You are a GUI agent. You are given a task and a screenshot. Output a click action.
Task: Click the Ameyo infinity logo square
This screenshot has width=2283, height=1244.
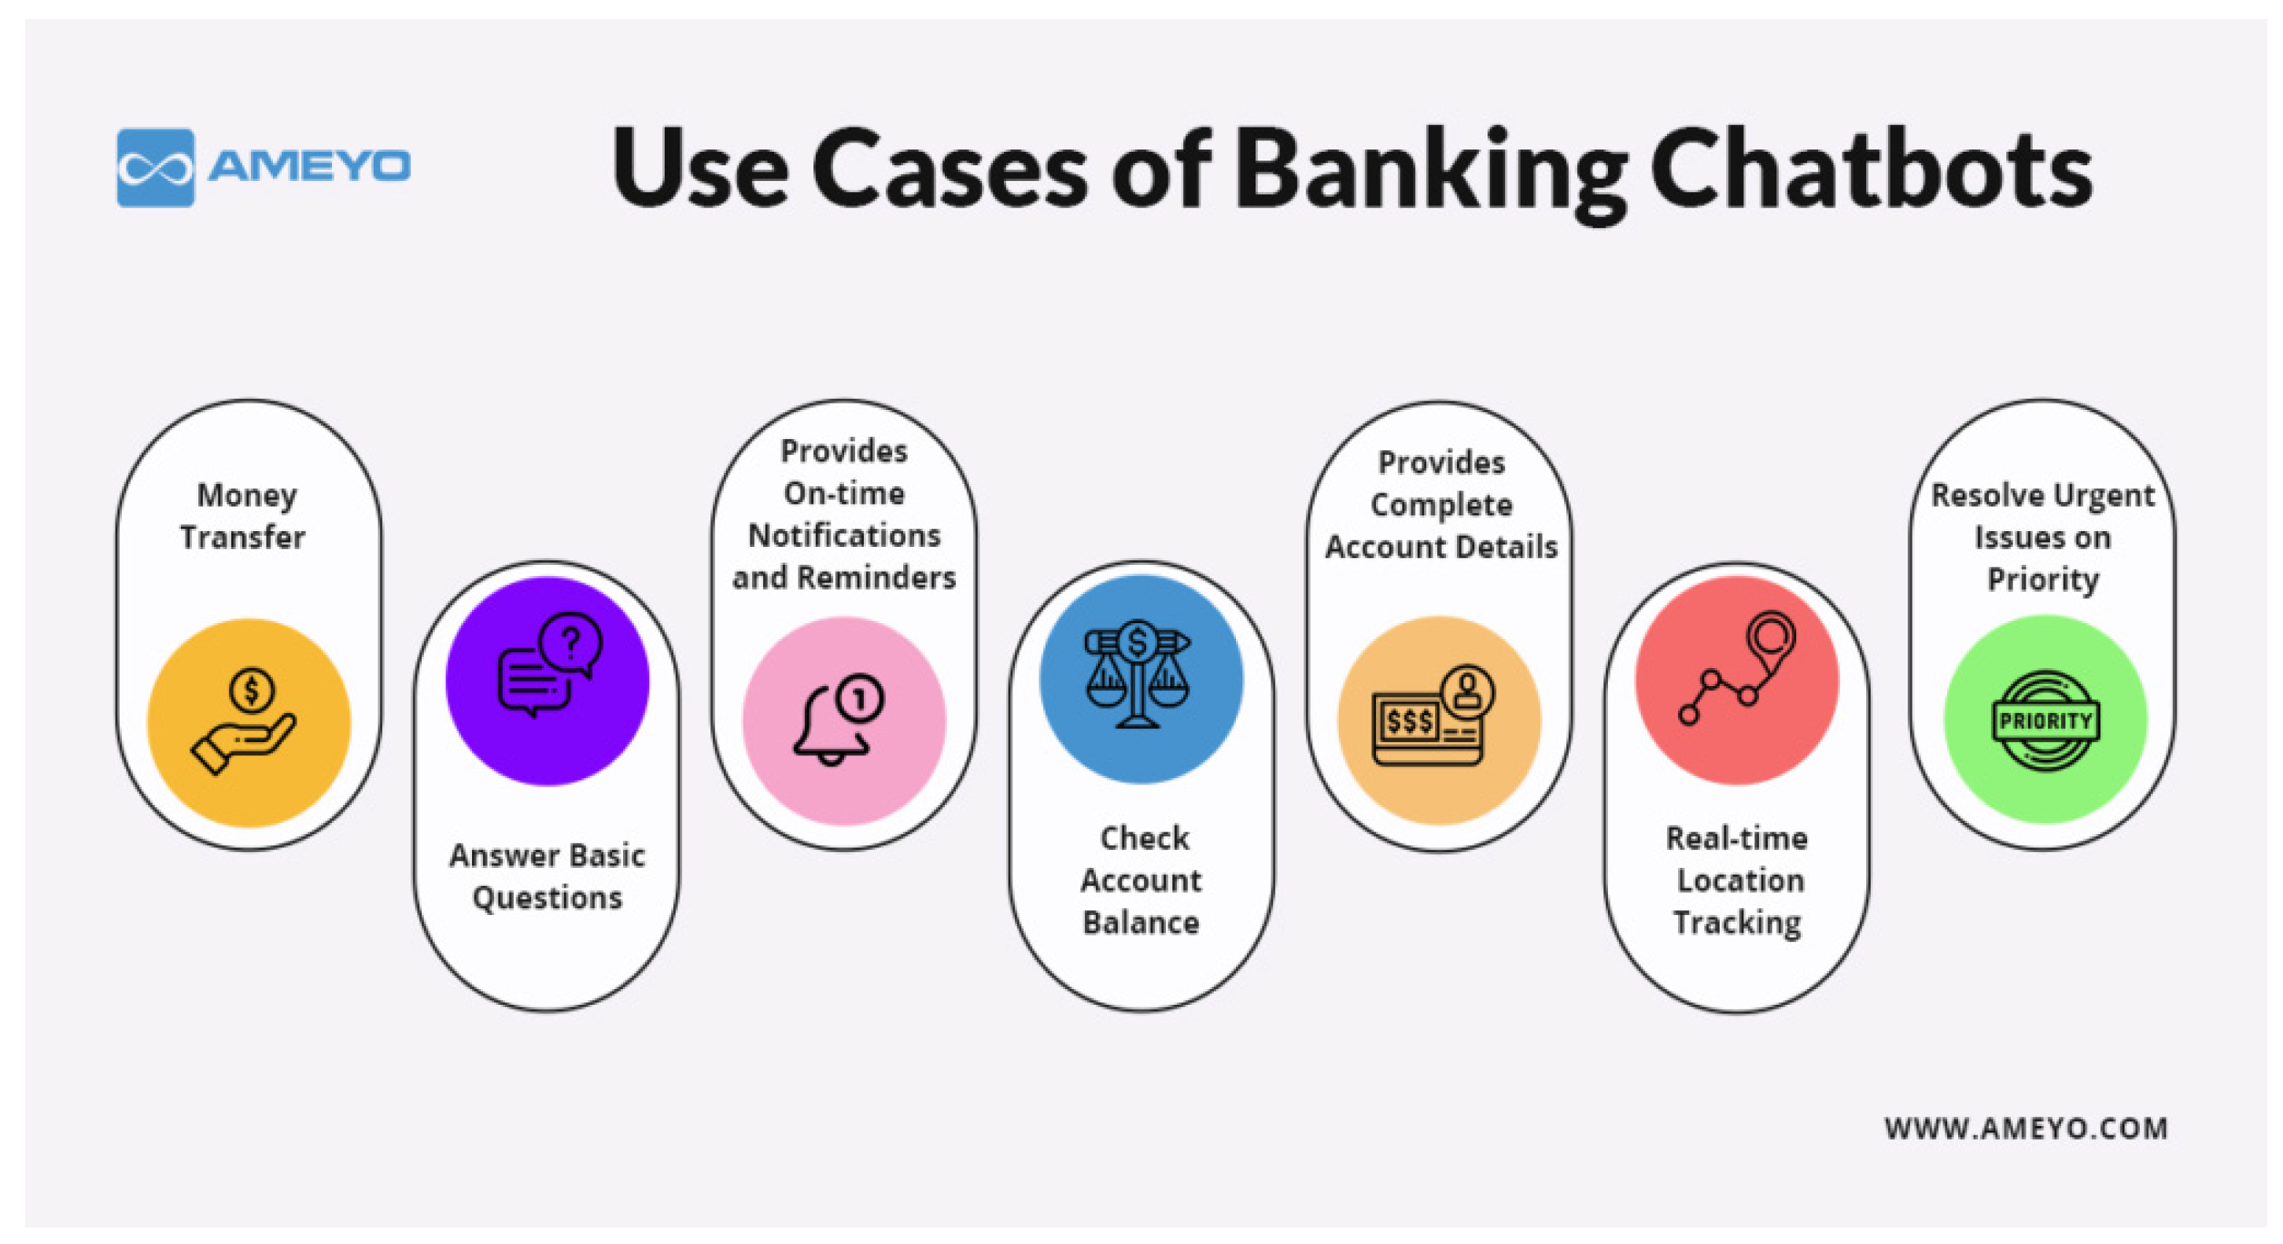tap(155, 168)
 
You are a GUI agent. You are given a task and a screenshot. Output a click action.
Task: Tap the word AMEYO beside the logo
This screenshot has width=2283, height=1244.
tap(309, 166)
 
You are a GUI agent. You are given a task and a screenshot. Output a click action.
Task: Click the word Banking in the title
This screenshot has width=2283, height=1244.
tap(1430, 170)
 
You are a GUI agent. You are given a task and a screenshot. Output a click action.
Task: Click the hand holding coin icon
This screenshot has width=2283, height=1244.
tap(247, 721)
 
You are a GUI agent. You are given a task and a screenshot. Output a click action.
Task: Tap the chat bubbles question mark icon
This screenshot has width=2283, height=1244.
tap(548, 665)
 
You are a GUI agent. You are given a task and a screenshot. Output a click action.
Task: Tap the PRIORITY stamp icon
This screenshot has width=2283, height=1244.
tap(2045, 720)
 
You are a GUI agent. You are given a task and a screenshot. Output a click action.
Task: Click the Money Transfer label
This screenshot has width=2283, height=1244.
tap(244, 516)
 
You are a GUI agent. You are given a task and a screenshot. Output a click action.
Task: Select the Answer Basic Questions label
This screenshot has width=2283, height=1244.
tap(547, 876)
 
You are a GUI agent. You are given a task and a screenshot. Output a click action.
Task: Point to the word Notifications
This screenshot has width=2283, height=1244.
tap(843, 536)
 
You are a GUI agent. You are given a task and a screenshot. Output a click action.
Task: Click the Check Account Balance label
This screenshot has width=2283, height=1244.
tap(1141, 880)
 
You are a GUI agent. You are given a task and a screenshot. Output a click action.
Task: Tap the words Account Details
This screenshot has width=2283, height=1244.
tap(1441, 547)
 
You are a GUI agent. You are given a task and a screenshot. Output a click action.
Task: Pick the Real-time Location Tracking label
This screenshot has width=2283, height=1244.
tap(1738, 880)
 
